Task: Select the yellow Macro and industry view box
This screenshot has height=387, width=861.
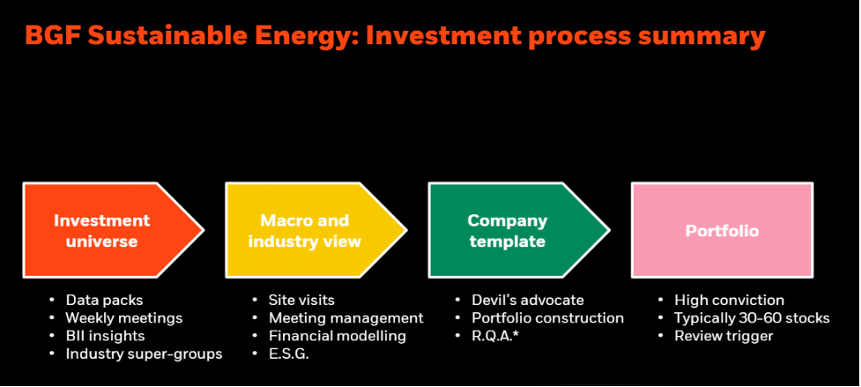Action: click(x=304, y=231)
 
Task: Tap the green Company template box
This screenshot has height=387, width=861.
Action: click(x=507, y=231)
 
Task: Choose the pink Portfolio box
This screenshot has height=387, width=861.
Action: click(x=722, y=231)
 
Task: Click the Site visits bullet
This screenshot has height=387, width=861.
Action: click(x=301, y=300)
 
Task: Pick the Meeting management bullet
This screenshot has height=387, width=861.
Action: click(x=345, y=317)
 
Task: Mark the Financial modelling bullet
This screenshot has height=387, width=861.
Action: click(x=338, y=336)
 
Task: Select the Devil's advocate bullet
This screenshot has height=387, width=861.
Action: click(x=527, y=300)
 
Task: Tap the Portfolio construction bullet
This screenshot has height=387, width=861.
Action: click(x=547, y=317)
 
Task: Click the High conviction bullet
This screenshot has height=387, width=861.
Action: click(x=729, y=300)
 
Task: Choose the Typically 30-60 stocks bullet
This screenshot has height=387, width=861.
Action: click(x=752, y=317)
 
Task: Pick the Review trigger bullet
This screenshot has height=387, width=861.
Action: click(x=724, y=336)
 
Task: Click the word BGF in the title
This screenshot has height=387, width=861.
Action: click(x=54, y=36)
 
